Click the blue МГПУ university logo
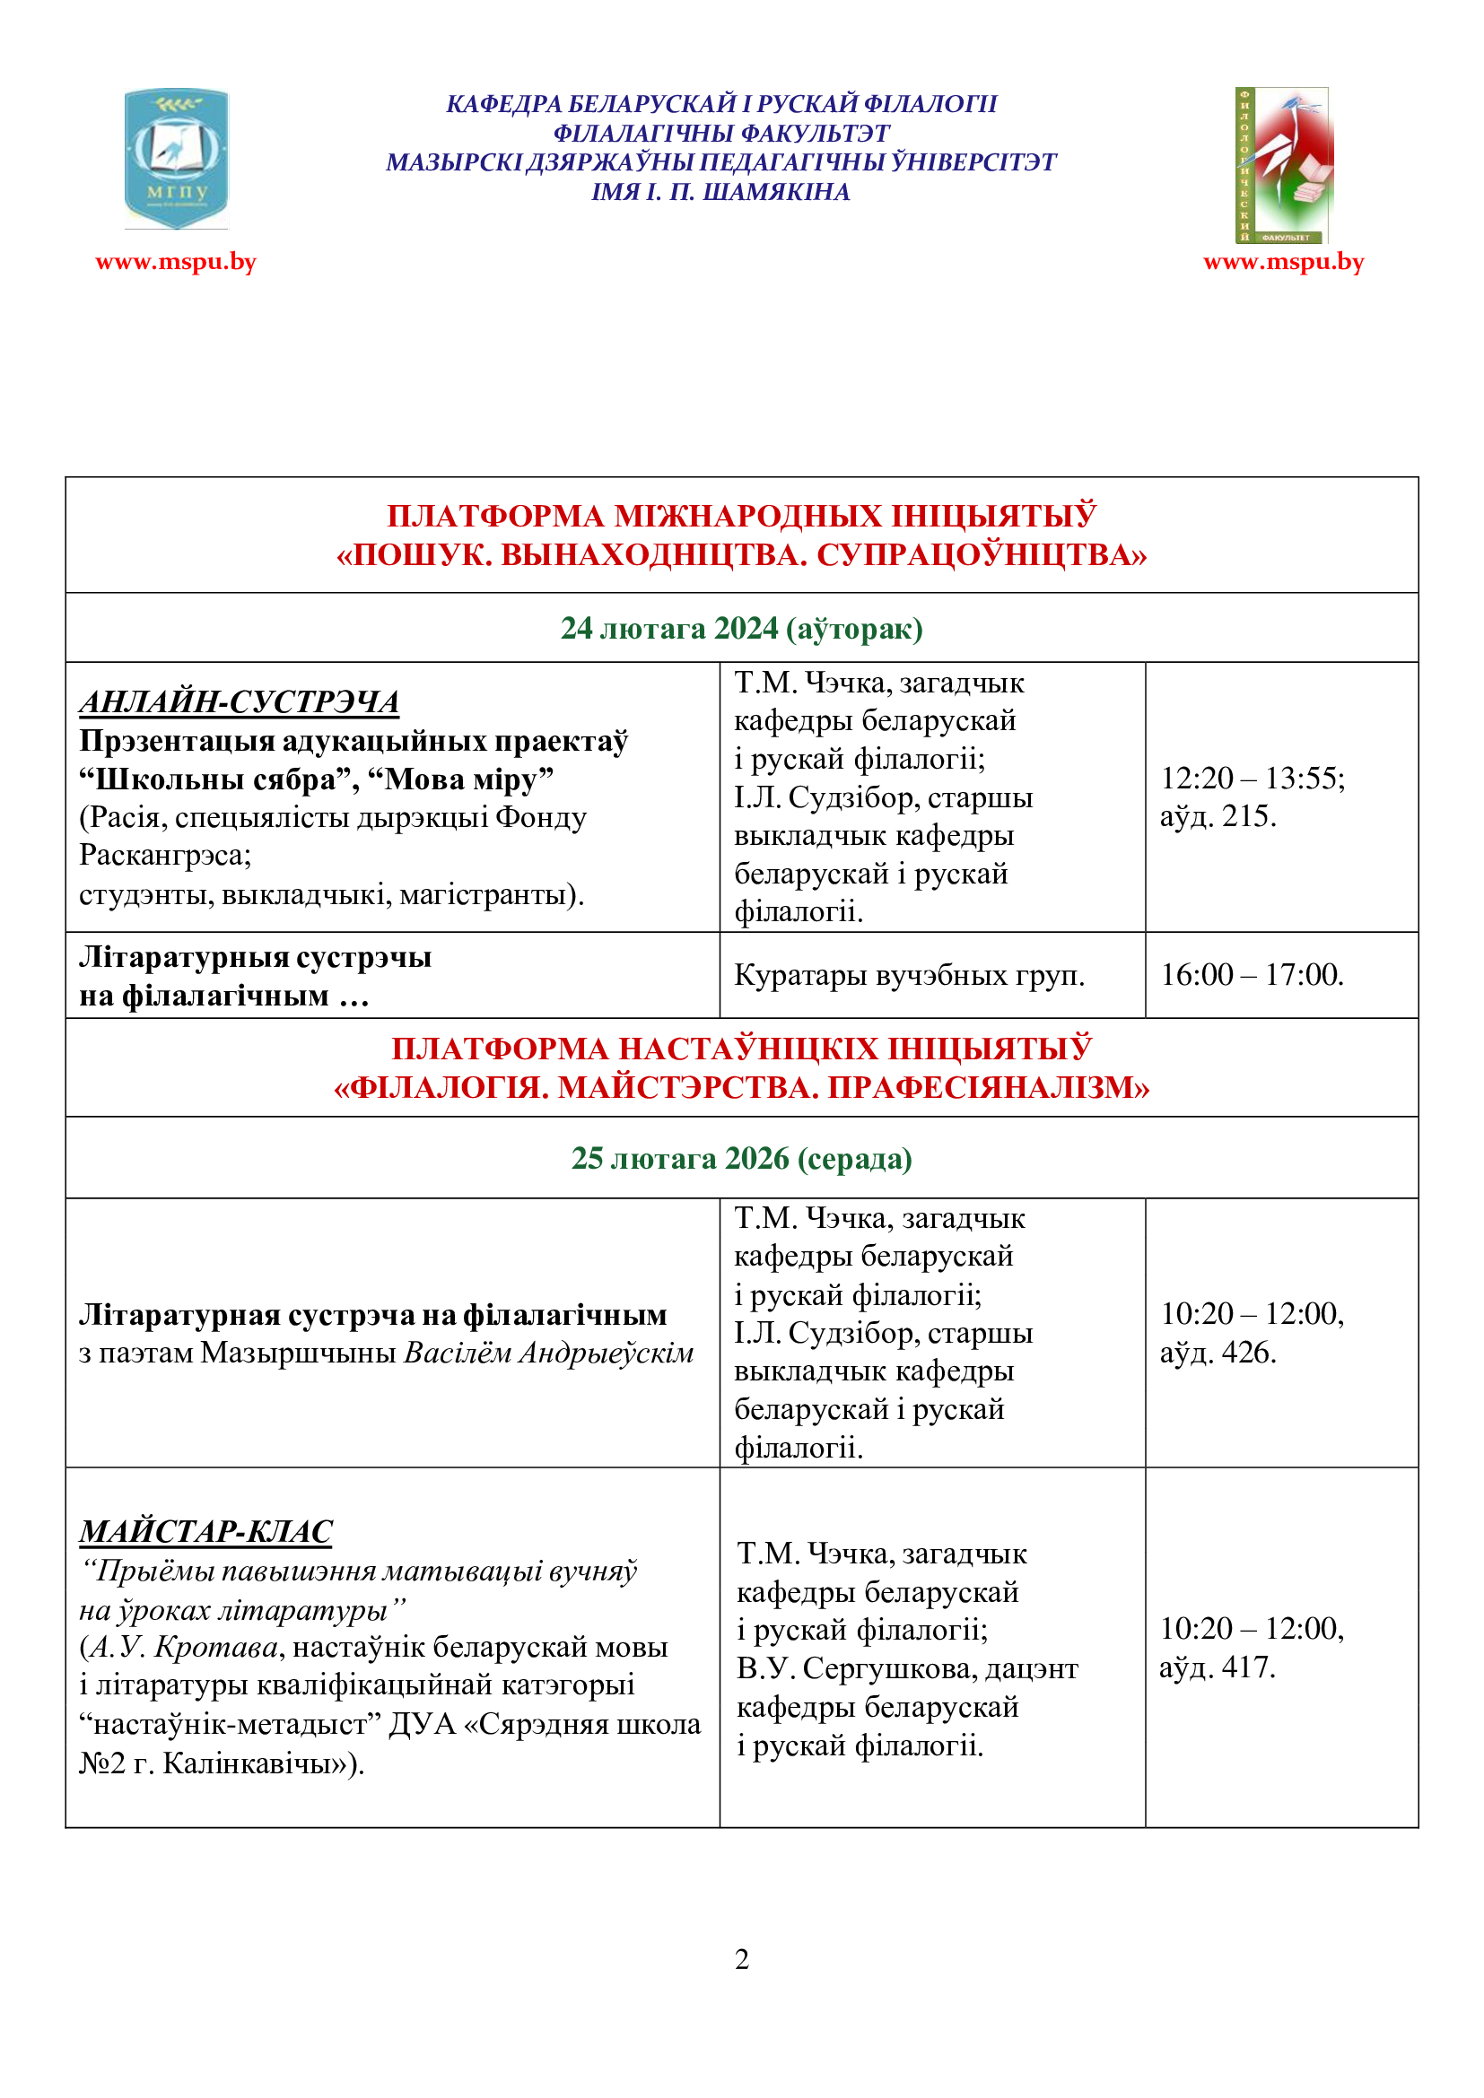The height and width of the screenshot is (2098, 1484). coord(177,158)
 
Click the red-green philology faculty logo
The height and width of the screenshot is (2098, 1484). coord(1283,165)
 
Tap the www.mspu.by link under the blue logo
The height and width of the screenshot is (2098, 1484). coord(176,262)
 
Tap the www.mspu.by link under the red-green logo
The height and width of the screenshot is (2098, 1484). coord(1283,262)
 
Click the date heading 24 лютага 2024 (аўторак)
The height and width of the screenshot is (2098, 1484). coord(741,629)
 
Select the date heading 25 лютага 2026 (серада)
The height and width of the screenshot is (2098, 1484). coord(741,1159)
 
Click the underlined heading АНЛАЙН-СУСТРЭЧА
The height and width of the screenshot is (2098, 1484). coord(240,701)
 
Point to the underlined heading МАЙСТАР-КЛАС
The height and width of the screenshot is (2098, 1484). coord(205,1531)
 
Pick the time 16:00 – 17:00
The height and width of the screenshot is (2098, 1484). coord(1252,975)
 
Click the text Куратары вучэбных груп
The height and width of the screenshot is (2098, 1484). coord(909,976)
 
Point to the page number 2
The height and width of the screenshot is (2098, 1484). coord(742,1959)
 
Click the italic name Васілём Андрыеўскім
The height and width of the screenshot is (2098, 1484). coord(549,1353)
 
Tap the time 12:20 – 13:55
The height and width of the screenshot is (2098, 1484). coord(1252,779)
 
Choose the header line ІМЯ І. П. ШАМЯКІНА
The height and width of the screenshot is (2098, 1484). coord(721,192)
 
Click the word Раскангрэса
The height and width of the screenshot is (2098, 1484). coord(163,856)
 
